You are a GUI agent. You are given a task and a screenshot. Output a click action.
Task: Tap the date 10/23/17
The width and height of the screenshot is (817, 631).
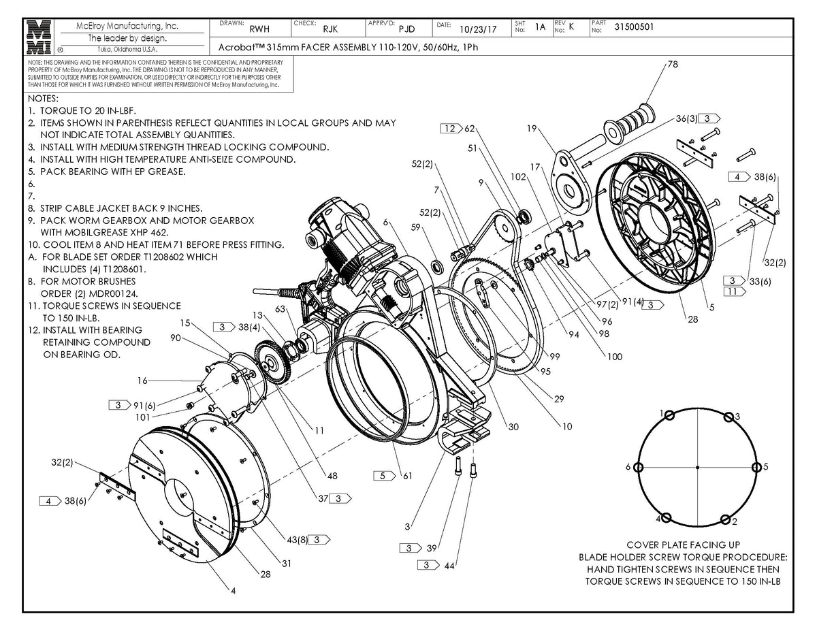pos(478,29)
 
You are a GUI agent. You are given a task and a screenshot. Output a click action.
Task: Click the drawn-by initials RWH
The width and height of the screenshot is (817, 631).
pos(259,29)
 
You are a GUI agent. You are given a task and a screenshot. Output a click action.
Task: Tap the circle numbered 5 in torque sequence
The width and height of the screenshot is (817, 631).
pos(757,468)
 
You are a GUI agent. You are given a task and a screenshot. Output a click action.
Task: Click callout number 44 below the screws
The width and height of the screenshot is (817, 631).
pos(450,565)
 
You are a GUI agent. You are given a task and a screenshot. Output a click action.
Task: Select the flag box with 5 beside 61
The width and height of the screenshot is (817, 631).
pos(384,475)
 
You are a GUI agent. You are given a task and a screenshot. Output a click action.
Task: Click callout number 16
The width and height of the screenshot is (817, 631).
pos(142,381)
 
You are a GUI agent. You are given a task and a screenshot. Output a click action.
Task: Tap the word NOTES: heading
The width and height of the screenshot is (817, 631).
pos(44,99)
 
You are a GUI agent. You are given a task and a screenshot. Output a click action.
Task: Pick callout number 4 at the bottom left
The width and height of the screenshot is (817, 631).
pos(233,591)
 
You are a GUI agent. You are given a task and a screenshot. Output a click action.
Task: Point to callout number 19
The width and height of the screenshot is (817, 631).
pos(532,127)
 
